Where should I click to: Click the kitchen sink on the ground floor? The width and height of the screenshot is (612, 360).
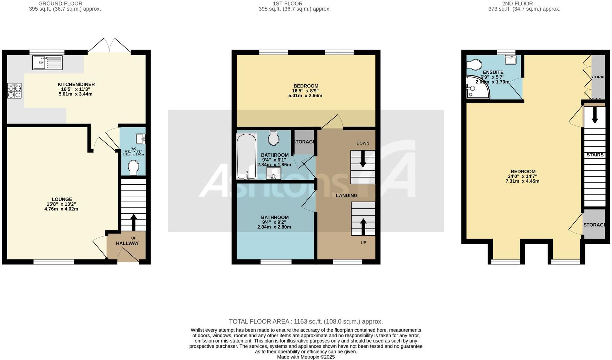[48, 63]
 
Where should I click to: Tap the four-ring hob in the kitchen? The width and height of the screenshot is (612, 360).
[14, 91]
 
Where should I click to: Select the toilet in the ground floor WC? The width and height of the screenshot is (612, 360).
[133, 168]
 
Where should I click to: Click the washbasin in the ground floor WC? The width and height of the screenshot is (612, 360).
[141, 139]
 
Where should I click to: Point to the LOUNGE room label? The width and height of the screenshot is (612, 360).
[62, 199]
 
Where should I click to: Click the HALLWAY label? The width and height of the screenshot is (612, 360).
[127, 243]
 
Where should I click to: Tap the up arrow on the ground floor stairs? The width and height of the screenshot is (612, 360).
[133, 222]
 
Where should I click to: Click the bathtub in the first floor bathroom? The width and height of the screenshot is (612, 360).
[246, 156]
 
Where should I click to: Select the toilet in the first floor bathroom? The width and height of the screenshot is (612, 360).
[274, 138]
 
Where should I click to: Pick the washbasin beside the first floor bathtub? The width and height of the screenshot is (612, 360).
[274, 173]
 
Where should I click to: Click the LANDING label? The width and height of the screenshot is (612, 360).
[347, 195]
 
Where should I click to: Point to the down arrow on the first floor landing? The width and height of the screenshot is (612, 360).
[363, 161]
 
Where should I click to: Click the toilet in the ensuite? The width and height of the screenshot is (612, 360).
[474, 64]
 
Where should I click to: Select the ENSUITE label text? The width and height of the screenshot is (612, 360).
[493, 72]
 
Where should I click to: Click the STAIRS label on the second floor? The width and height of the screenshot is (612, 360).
[595, 155]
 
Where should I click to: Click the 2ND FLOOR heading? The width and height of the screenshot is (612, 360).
[517, 3]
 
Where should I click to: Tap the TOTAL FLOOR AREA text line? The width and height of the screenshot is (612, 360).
[306, 321]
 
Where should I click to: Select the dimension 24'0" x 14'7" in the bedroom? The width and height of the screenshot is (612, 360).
[523, 176]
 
